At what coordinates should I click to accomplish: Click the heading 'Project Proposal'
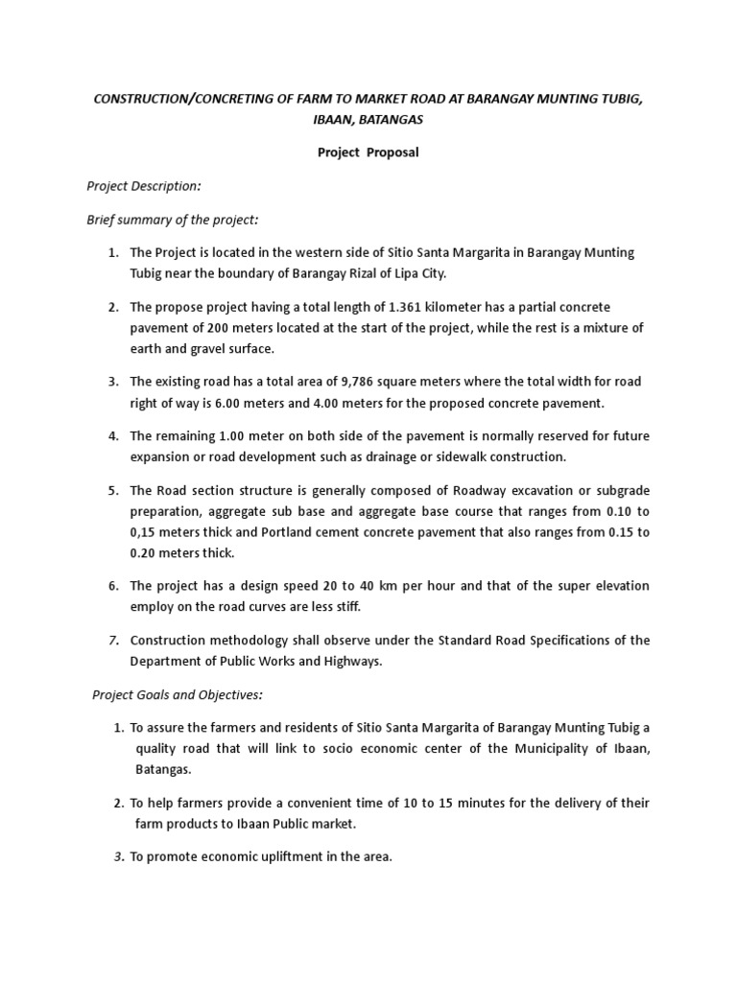point(368,152)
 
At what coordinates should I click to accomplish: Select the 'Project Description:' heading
point(143,186)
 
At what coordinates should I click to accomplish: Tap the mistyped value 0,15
point(147,532)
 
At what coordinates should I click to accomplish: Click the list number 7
point(112,641)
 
